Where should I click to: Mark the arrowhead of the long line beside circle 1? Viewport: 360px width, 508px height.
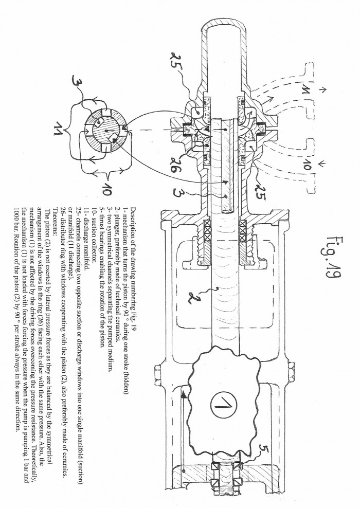184,394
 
